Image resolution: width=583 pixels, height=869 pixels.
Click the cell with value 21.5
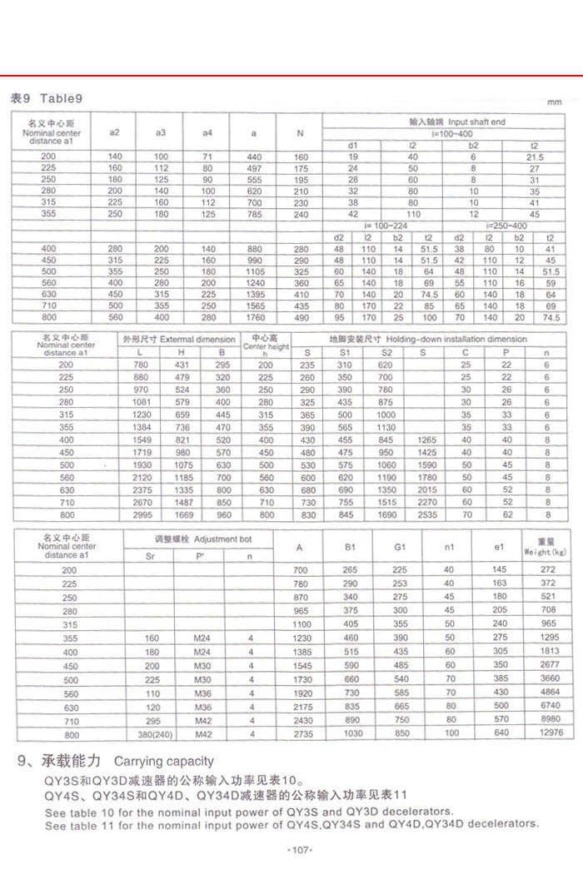coord(534,157)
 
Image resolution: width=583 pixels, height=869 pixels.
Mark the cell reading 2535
coord(427,516)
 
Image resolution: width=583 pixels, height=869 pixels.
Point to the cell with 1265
coord(427,439)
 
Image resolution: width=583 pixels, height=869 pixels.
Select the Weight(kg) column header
coord(545,547)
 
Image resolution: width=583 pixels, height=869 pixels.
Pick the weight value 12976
coord(545,735)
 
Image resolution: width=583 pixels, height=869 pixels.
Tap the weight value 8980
coord(545,721)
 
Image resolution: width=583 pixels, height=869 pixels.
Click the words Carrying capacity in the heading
coord(163,761)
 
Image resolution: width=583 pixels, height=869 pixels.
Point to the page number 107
coord(297,849)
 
